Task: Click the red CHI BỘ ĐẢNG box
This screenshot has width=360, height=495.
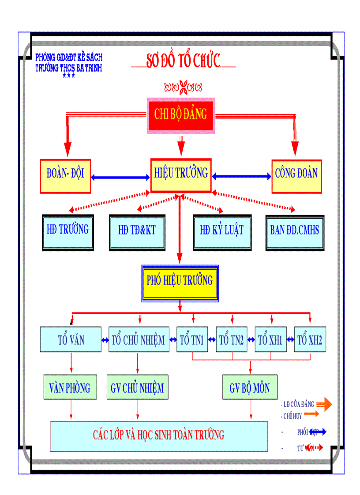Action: click(180, 115)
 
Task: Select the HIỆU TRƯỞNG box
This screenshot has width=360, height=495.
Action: click(181, 175)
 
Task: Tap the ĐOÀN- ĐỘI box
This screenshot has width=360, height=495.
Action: click(65, 176)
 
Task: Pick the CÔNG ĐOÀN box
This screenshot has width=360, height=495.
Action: click(296, 176)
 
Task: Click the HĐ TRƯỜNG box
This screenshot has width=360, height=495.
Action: click(68, 232)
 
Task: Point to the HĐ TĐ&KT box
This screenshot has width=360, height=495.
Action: click(137, 232)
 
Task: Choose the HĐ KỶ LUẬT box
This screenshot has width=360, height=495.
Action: click(222, 232)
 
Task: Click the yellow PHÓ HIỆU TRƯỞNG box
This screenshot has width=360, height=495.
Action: click(180, 283)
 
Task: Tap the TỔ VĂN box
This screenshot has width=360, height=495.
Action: click(71, 339)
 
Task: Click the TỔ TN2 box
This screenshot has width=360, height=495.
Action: click(231, 339)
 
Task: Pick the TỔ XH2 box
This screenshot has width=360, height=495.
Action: click(310, 339)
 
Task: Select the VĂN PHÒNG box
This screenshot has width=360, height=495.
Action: click(70, 387)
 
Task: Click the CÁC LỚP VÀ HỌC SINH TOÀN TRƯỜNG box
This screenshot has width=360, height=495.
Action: click(159, 436)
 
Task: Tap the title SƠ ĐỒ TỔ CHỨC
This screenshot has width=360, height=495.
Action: click(183, 62)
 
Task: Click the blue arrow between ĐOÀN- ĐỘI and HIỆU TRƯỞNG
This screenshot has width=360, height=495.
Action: click(120, 177)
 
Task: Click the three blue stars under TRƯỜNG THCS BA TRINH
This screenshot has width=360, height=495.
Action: click(69, 76)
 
